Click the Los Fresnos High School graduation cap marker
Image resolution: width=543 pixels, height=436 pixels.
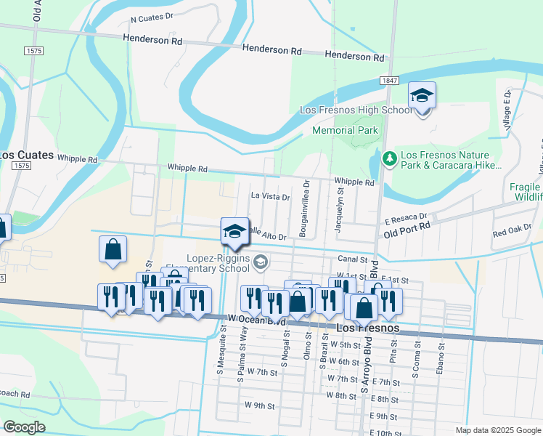click(422, 97)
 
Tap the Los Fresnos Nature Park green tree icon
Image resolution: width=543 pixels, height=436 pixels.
click(390, 158)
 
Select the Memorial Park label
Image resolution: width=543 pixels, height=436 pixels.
click(345, 131)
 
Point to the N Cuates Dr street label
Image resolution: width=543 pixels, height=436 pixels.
click(152, 15)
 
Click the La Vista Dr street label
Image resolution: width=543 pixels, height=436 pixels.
click(270, 196)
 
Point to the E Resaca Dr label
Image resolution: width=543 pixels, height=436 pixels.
click(406, 217)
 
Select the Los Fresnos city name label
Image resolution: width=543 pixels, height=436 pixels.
click(369, 328)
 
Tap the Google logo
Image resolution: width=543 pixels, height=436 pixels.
click(25, 427)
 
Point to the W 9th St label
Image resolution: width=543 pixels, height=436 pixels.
click(260, 405)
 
